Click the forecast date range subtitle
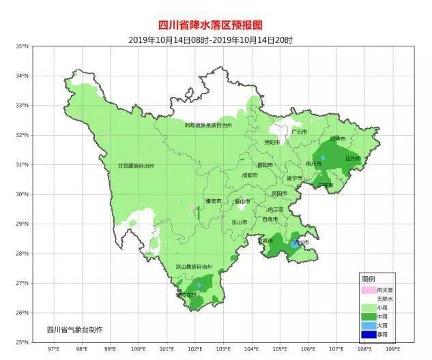point(210,40)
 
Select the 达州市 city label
point(352,158)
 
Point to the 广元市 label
point(299,132)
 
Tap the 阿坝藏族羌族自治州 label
point(208,126)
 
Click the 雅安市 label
point(213,201)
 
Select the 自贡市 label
point(270,219)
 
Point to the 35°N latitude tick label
point(22,46)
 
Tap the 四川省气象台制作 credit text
point(74,330)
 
